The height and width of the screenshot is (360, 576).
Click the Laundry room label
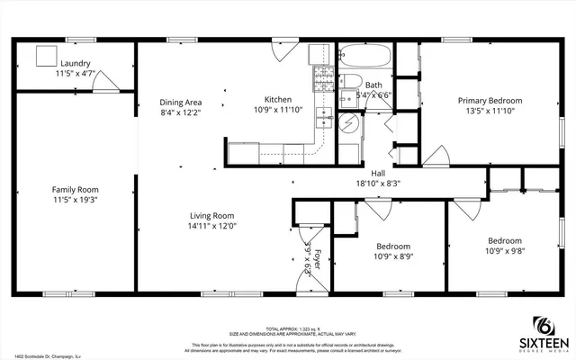(76, 63)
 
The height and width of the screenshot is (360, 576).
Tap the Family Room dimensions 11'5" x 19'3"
(76, 200)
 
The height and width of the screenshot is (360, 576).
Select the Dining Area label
(180, 102)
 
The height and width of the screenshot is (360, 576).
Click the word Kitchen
(277, 99)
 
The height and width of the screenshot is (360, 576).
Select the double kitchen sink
(322, 119)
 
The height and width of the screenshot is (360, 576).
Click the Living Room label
(211, 215)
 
